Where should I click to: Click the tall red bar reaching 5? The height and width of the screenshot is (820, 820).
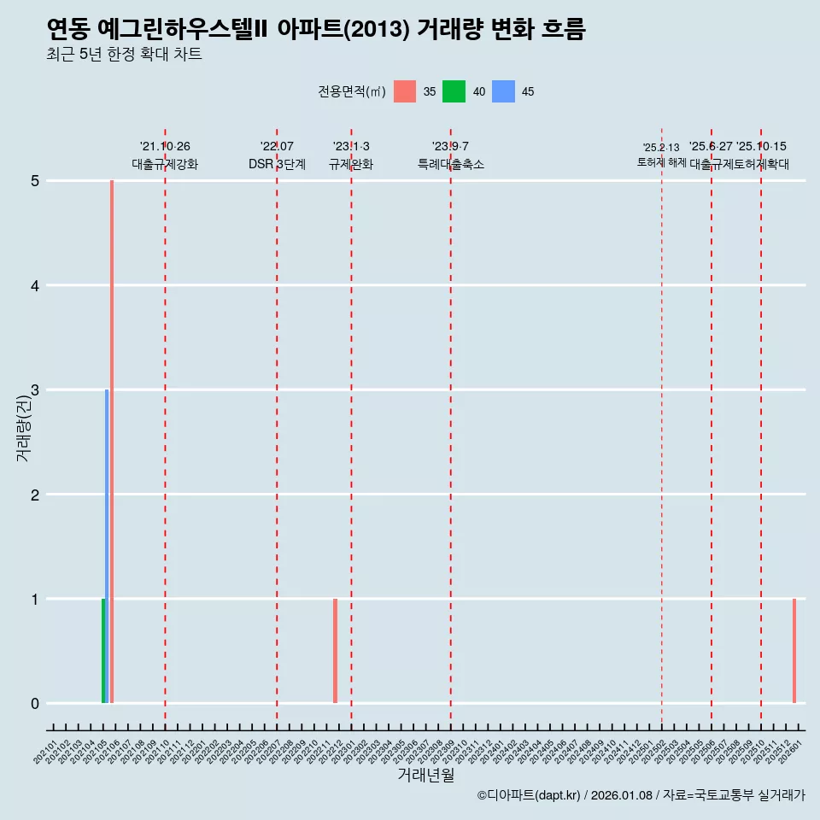coord(112,442)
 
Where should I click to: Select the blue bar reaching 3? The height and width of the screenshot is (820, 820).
coord(107,547)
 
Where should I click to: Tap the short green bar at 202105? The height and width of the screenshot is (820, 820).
coord(103,651)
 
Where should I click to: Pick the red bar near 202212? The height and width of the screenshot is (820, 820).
coord(335,651)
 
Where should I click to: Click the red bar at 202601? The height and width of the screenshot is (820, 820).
coord(794,651)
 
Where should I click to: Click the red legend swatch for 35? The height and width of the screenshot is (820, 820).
coord(405,91)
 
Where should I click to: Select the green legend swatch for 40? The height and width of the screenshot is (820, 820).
coord(454,91)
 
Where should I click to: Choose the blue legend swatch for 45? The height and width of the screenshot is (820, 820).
coord(503,91)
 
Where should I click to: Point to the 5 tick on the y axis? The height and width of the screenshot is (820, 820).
coord(35,181)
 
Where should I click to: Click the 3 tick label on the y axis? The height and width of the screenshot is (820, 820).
coord(35,390)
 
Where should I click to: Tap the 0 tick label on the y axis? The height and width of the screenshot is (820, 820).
coord(35,704)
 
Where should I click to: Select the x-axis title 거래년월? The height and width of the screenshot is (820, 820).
coord(425,775)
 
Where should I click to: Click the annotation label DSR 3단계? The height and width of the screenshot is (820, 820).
coord(277,164)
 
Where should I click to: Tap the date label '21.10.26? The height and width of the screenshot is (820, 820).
coord(165,147)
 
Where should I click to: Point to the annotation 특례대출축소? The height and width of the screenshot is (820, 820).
coord(450,164)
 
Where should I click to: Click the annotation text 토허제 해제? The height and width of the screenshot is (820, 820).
coord(661,162)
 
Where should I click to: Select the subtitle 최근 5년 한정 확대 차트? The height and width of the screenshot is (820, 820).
coord(125,55)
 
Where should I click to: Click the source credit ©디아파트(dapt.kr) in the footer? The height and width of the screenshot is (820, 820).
coord(529,795)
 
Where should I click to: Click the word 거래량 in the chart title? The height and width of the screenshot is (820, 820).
coord(447,30)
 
